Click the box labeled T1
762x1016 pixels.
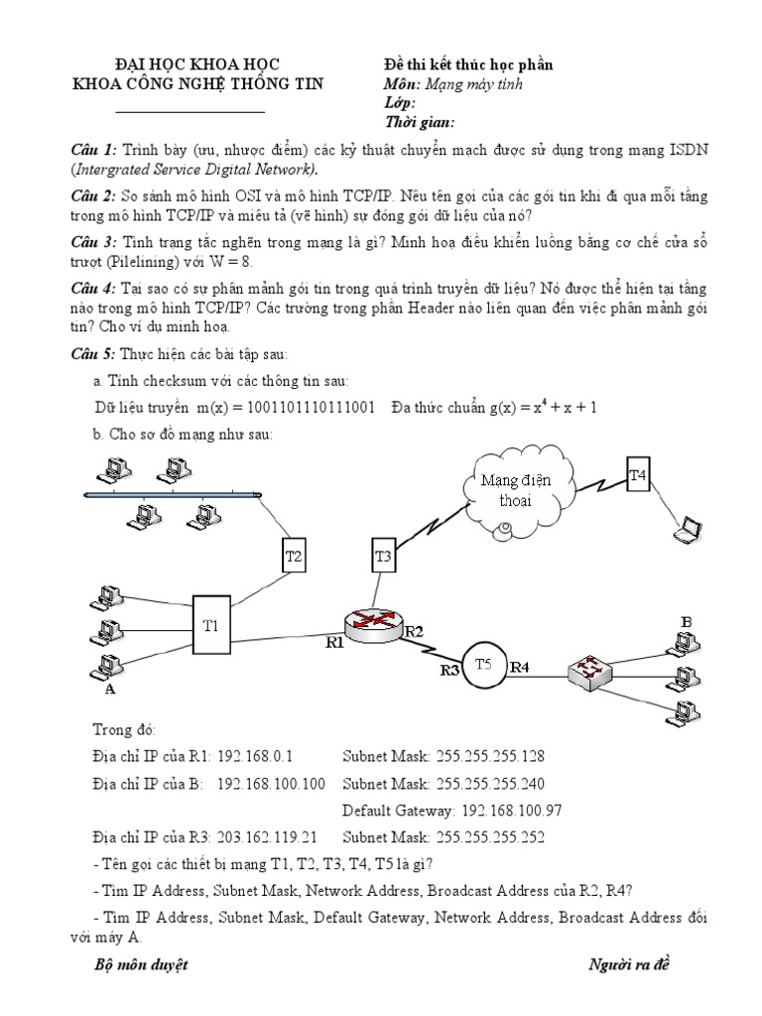click(210, 625)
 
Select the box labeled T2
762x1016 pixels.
click(293, 557)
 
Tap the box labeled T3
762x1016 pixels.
click(384, 557)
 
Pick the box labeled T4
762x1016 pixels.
click(638, 475)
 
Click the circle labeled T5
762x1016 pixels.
click(483, 664)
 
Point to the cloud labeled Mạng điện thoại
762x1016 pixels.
click(508, 491)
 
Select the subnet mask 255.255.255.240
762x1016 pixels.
click(490, 783)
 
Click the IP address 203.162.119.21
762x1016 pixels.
click(260, 836)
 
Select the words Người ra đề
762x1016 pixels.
click(630, 963)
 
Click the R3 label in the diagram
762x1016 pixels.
click(450, 671)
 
